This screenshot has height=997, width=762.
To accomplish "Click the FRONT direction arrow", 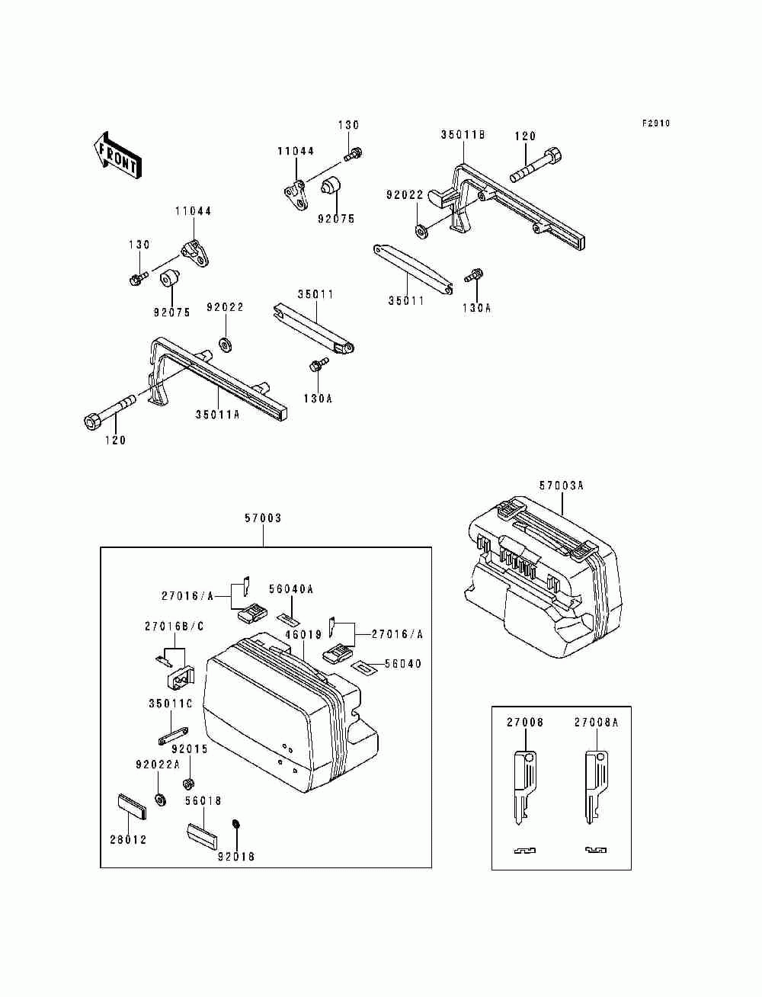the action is pos(117,155).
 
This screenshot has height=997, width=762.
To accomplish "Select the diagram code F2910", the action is pos(655,123).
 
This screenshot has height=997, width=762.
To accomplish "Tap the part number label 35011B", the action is pos(463,134).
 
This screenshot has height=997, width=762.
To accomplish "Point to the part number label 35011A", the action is pos(217,414).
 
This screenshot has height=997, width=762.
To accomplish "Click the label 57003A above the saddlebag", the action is pos(562,486).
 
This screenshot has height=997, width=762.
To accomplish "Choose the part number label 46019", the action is pos(304,634).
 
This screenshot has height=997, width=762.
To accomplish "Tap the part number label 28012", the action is pos(129,840).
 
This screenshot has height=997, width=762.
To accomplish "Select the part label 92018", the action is pos(236,857).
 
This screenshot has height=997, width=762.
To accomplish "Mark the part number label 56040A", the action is pos(291,589).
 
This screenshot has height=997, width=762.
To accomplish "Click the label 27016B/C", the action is pos(174,627).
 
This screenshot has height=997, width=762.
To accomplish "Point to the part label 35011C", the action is pos(171,704).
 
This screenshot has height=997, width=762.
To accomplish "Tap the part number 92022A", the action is pos(158,765).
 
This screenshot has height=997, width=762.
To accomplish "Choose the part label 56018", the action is pos(203,801).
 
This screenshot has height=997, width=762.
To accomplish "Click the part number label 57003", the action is pos(263,518).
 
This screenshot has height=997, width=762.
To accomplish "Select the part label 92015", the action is pos(190,749).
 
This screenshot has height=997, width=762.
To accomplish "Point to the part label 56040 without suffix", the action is pos(403,664).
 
